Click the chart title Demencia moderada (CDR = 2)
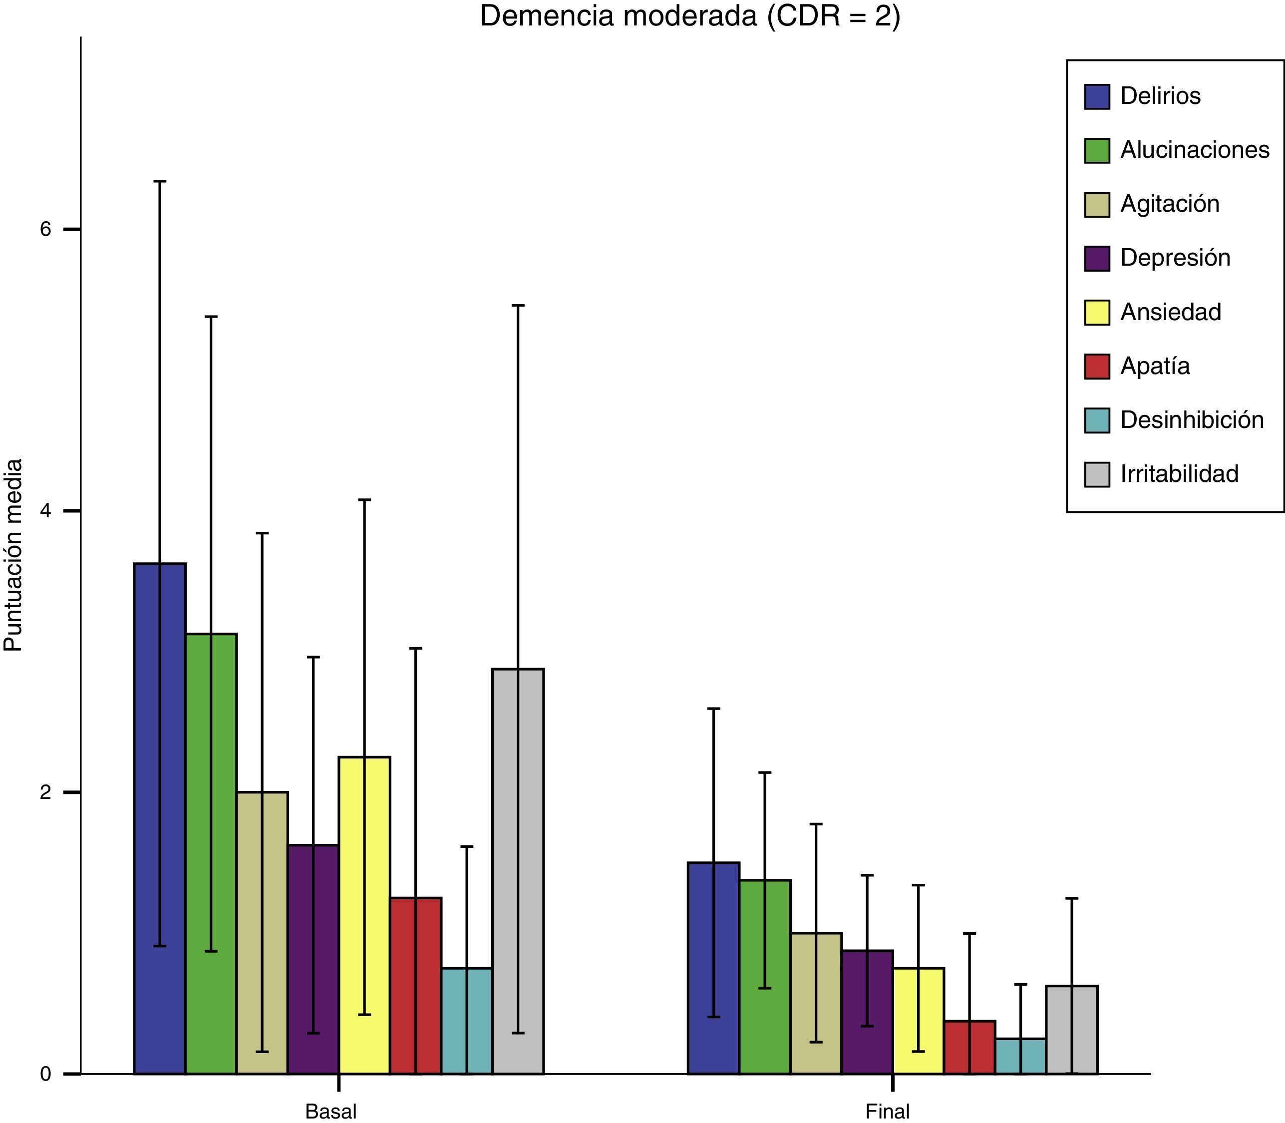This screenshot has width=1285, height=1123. pyautogui.click(x=690, y=16)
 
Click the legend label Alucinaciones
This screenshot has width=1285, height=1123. pyautogui.click(x=1195, y=150)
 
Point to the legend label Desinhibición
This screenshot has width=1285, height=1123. pyautogui.click(x=1192, y=420)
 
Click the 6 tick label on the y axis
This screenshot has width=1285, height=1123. pyautogui.click(x=45, y=229)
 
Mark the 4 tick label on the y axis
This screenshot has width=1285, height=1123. pyautogui.click(x=45, y=511)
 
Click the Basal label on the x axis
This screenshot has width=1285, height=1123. pyautogui.click(x=331, y=1112)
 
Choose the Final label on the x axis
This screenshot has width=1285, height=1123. pyautogui.click(x=887, y=1112)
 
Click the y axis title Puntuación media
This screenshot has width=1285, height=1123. pyautogui.click(x=14, y=555)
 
